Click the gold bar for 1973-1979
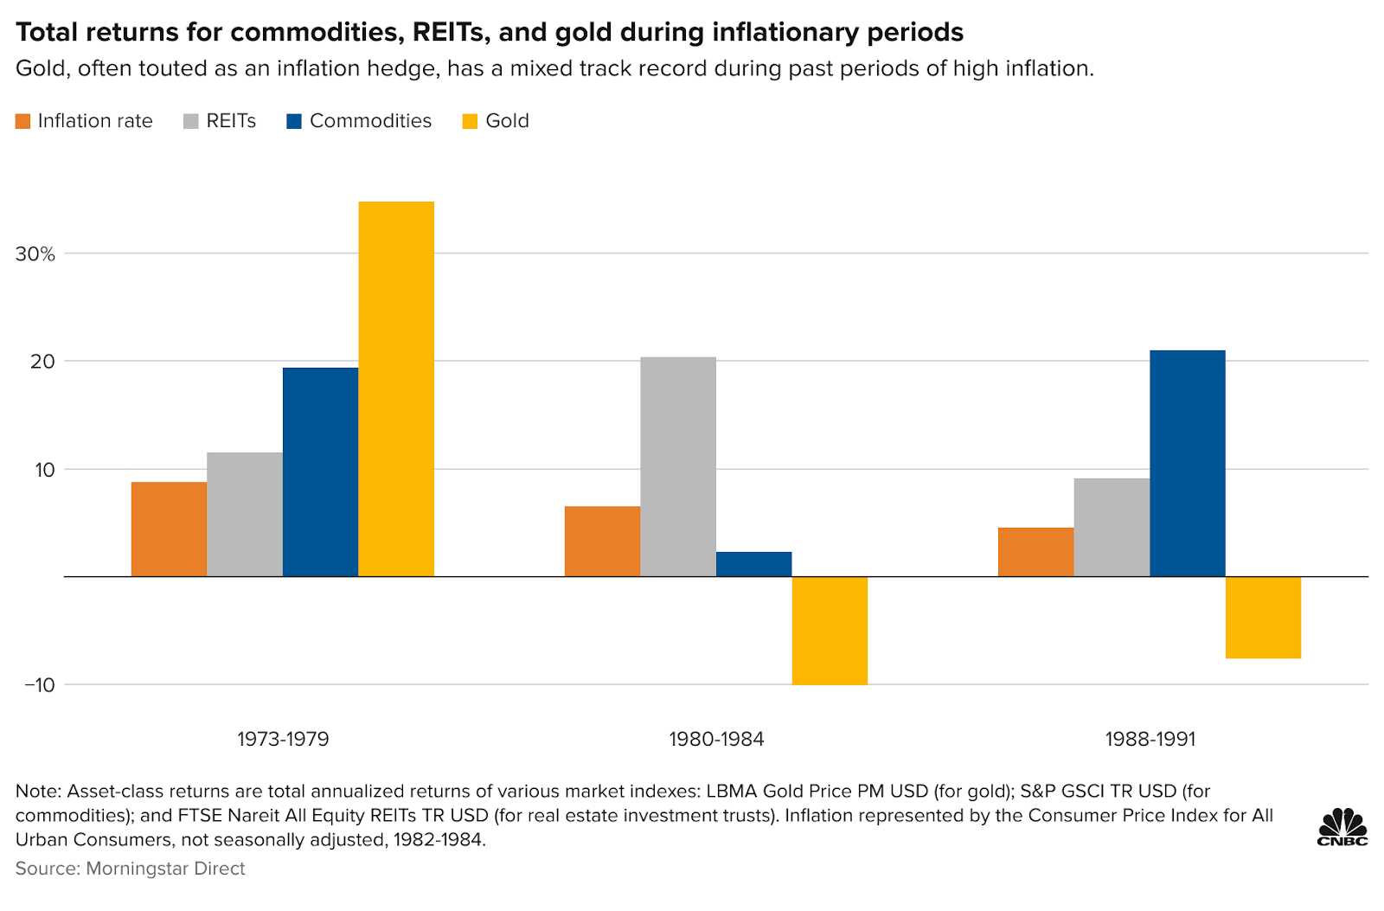(x=396, y=389)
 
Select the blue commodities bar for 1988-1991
(x=1188, y=463)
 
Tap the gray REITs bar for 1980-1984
(x=678, y=467)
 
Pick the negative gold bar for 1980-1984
(x=830, y=631)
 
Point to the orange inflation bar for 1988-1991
(x=1035, y=552)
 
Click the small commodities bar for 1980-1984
(x=753, y=564)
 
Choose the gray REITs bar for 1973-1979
(x=245, y=515)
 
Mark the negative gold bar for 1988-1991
(x=1263, y=618)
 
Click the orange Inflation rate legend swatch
(x=23, y=121)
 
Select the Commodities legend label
(x=370, y=121)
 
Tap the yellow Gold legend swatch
(x=471, y=121)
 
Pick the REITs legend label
(x=231, y=121)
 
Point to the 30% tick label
(x=35, y=254)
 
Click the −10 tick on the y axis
(x=39, y=685)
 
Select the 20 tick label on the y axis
(x=42, y=362)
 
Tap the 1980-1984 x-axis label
(x=716, y=740)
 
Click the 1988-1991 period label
(x=1150, y=740)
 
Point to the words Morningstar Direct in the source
(x=165, y=869)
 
